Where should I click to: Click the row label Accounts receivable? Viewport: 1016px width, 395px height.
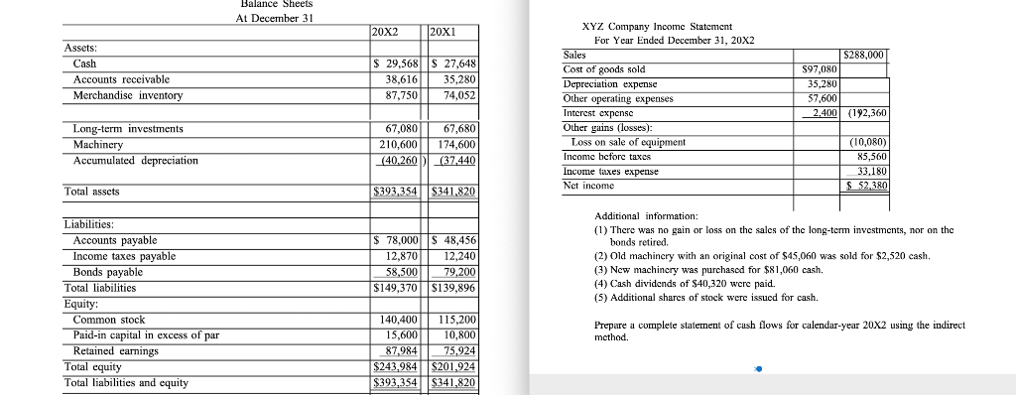[x=121, y=78]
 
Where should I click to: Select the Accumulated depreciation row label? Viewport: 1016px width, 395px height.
[x=136, y=160]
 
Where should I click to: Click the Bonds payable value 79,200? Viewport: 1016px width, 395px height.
[x=456, y=272]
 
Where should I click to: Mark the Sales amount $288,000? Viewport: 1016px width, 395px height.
[x=862, y=54]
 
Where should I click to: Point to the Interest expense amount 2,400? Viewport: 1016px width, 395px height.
[x=819, y=113]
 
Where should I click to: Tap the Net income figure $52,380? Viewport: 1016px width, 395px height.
[x=861, y=186]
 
